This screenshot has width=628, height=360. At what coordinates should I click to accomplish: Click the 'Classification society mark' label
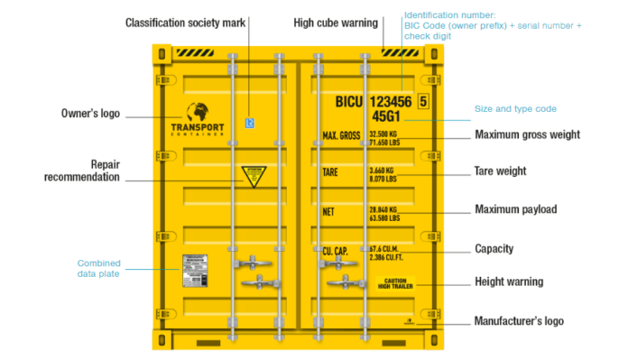[185, 22]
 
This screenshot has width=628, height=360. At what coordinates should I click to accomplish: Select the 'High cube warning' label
[335, 22]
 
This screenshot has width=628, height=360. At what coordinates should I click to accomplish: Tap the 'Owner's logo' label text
[89, 115]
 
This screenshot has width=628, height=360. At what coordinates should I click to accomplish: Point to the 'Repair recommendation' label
[82, 171]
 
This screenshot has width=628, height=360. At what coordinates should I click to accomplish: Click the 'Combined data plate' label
[99, 269]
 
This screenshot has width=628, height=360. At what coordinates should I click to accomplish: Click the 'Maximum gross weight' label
[527, 135]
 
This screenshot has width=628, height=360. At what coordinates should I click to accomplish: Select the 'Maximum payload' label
[515, 209]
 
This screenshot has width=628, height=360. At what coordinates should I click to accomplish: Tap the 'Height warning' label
[509, 282]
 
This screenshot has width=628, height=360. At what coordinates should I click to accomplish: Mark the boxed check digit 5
[423, 102]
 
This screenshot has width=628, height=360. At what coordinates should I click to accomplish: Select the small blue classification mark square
[250, 123]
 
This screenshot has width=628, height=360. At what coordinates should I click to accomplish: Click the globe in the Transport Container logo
[198, 113]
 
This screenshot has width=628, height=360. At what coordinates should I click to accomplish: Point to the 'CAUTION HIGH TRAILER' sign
[397, 283]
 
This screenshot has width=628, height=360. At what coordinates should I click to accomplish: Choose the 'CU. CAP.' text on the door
[340, 250]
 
